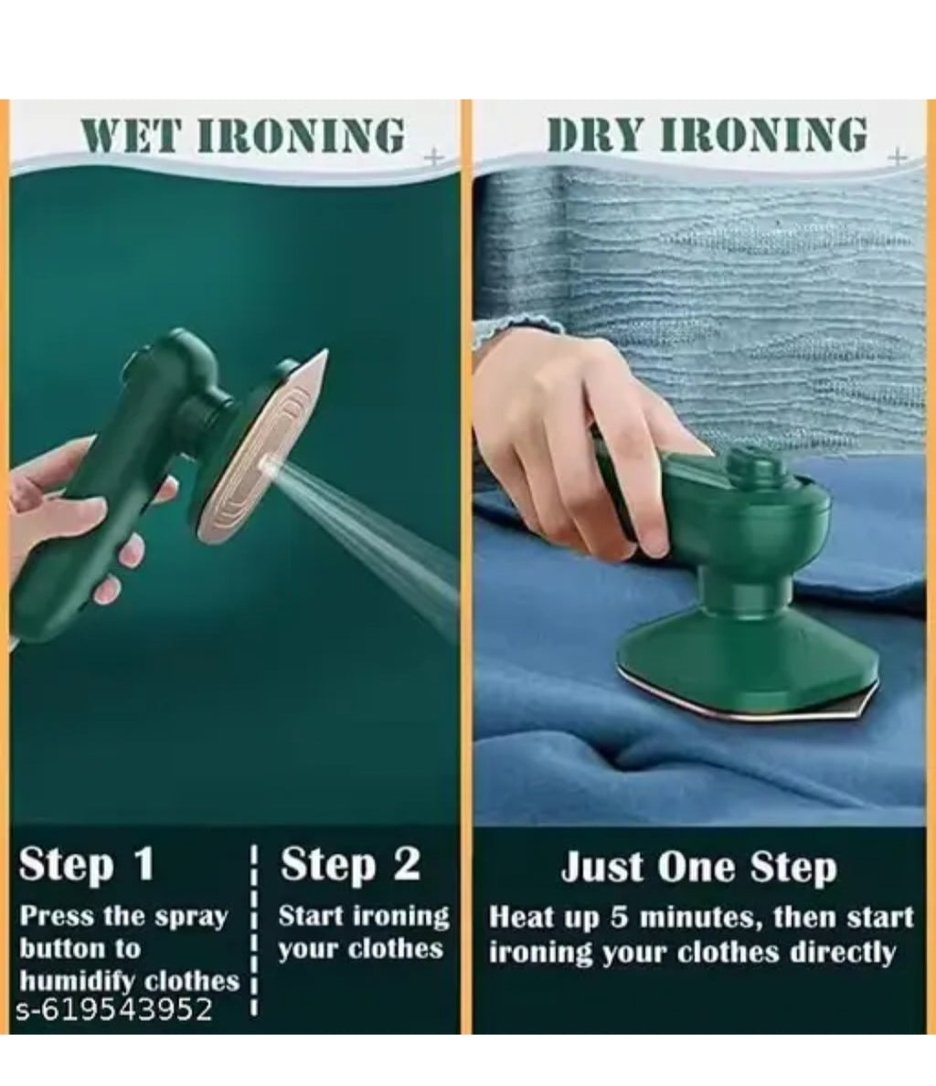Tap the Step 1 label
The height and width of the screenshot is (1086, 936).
tap(86, 864)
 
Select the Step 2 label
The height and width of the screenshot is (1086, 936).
tap(350, 864)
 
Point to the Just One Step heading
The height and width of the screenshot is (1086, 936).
tap(699, 867)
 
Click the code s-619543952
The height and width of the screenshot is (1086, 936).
tap(113, 1010)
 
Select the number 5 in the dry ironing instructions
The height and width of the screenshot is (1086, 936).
tap(619, 918)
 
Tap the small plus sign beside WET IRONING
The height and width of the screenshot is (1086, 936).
tap(433, 158)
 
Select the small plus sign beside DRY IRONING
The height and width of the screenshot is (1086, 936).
tap(898, 157)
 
